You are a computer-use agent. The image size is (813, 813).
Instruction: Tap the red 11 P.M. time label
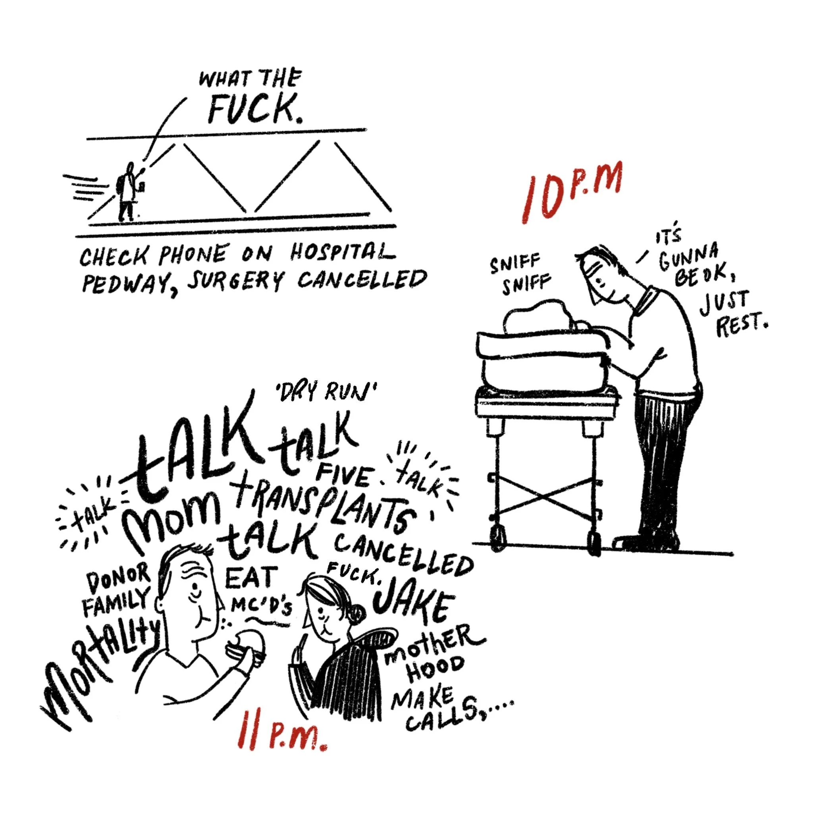pyautogui.click(x=281, y=734)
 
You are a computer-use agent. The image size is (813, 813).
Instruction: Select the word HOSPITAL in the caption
pyautogui.click(x=343, y=253)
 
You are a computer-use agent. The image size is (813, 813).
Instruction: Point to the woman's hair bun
pyautogui.click(x=357, y=613)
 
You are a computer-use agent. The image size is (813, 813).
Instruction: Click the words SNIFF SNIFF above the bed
pyautogui.click(x=520, y=274)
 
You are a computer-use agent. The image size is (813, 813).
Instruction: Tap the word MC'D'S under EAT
pyautogui.click(x=261, y=606)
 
